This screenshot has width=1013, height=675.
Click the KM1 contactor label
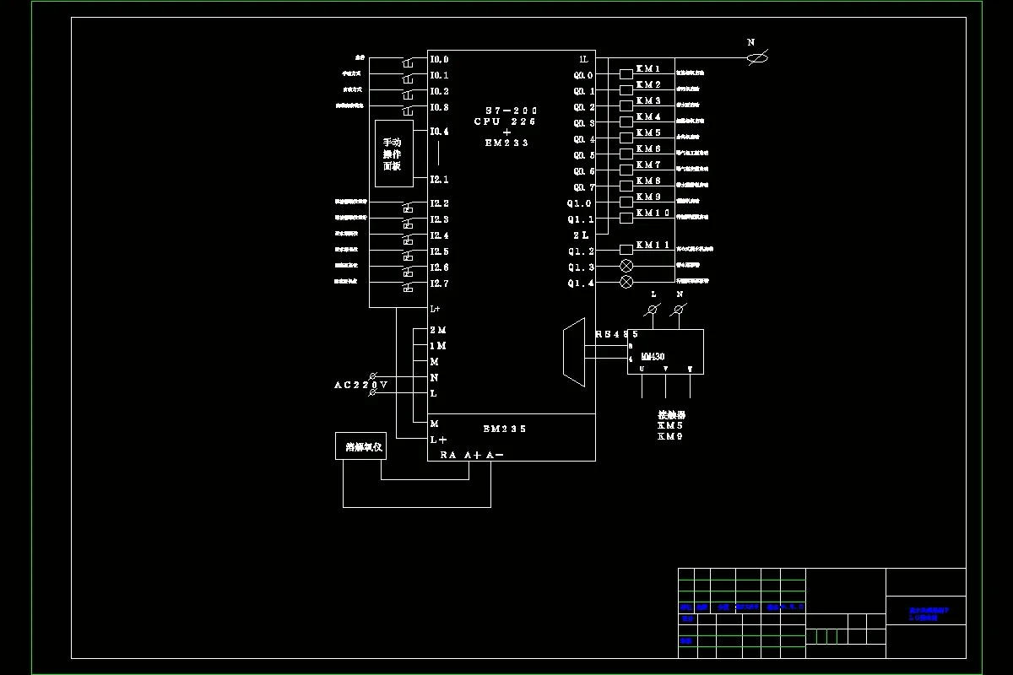(648, 69)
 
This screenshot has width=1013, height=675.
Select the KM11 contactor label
(653, 246)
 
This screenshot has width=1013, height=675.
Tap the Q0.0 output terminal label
(584, 75)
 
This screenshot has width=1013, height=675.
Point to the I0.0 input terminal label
(439, 60)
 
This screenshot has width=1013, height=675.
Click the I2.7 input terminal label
(439, 283)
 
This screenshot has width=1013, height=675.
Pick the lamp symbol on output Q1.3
(626, 266)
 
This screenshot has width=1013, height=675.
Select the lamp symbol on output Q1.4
(626, 282)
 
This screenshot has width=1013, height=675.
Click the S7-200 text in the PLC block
(511, 111)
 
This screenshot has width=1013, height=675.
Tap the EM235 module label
(505, 429)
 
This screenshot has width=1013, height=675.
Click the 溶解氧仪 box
(360, 447)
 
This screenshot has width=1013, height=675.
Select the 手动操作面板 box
(394, 154)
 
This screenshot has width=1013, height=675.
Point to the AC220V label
(360, 386)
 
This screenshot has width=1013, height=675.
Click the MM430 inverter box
(665, 352)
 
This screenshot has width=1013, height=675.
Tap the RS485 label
(616, 335)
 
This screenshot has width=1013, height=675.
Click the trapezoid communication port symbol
(574, 353)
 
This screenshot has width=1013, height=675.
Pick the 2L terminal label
(582, 235)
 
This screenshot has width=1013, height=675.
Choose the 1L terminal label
(583, 59)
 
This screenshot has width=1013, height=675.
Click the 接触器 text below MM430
(672, 415)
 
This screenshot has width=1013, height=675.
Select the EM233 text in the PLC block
(506, 143)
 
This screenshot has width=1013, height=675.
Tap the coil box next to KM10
(626, 218)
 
